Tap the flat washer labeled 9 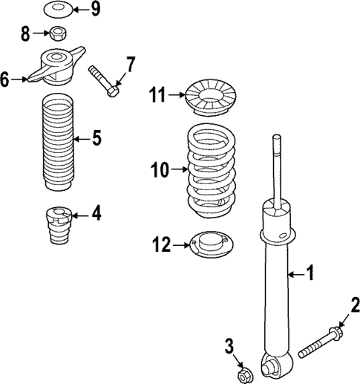pos(57,10)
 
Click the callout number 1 pos(311,275)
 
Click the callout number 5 pos(96,138)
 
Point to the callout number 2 pos(356,305)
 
